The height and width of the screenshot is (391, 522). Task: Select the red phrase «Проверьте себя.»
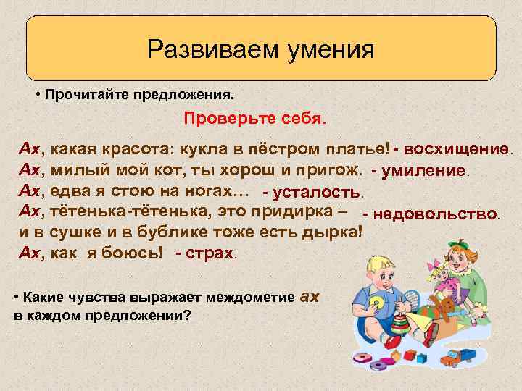tap(255, 117)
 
